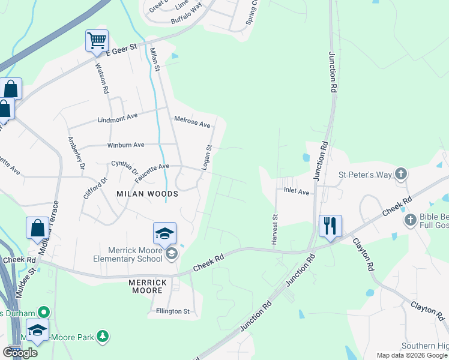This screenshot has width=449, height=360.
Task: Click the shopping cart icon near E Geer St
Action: click(x=97, y=41)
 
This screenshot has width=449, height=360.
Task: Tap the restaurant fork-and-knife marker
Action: click(x=330, y=226)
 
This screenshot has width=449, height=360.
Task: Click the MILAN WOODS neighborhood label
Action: click(x=147, y=194)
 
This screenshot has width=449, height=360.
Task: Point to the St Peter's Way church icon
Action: click(x=402, y=174)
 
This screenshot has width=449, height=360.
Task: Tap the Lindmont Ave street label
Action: click(x=118, y=118)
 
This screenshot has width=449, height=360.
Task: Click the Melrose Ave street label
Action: click(x=192, y=122)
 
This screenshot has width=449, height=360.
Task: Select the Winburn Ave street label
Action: click(x=125, y=145)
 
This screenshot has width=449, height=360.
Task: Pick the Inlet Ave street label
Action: click(x=296, y=192)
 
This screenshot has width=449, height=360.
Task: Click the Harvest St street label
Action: click(x=275, y=229)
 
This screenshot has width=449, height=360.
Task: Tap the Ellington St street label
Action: click(x=172, y=311)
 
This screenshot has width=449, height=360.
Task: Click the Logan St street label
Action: click(x=206, y=157)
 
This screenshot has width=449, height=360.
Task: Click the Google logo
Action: click(x=20, y=352)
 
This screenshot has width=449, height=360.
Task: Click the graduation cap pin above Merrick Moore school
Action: click(x=165, y=233)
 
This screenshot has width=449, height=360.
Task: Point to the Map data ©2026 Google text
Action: click(x=411, y=355)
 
